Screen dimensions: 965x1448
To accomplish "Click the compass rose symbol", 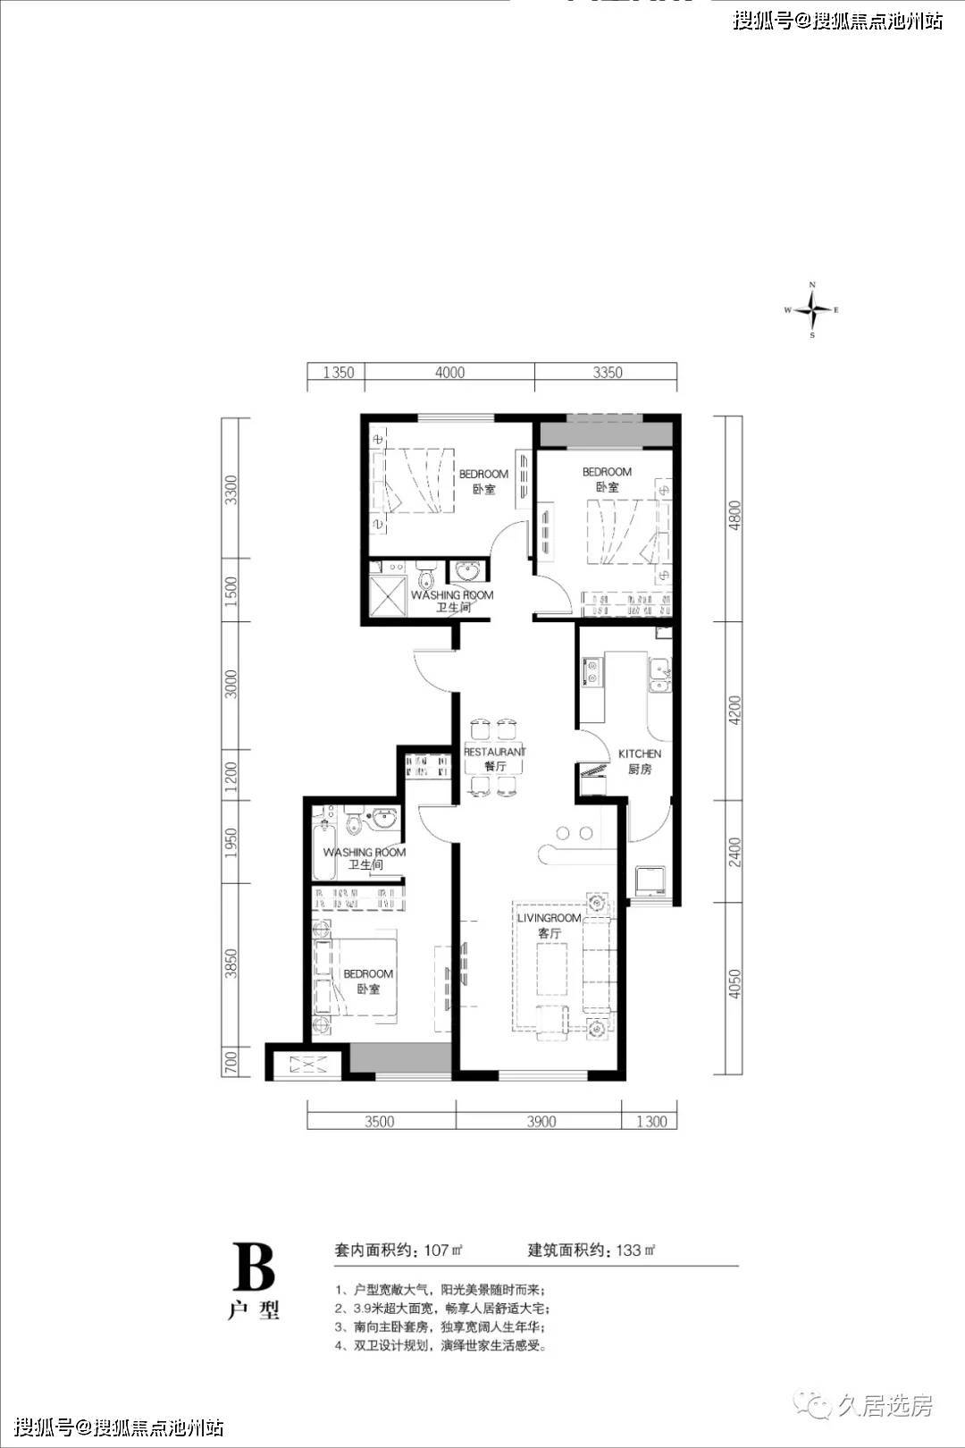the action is coord(812,310).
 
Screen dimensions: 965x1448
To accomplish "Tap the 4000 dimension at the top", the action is coord(449,373).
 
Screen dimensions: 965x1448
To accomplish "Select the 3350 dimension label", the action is coord(608,373).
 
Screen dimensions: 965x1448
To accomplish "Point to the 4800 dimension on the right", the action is coord(734,515).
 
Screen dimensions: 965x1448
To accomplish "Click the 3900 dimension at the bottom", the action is coord(541,1121).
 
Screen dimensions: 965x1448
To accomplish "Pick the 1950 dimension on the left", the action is coord(231,843).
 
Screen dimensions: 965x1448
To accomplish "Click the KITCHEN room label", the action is coord(640,753).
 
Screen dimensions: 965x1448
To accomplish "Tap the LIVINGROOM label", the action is coord(549,918).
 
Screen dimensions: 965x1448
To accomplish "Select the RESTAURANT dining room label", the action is coord(495,752).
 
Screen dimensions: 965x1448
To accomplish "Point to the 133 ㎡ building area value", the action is coord(636,1250).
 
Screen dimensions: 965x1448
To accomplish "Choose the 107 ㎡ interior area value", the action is coord(443,1250).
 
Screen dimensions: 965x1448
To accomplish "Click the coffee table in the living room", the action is coord(551,970).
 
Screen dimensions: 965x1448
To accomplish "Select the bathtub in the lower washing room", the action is coord(323,850).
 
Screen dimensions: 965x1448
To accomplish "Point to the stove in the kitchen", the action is coord(592,671).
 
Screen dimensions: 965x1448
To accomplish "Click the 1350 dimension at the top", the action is coord(339,373).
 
